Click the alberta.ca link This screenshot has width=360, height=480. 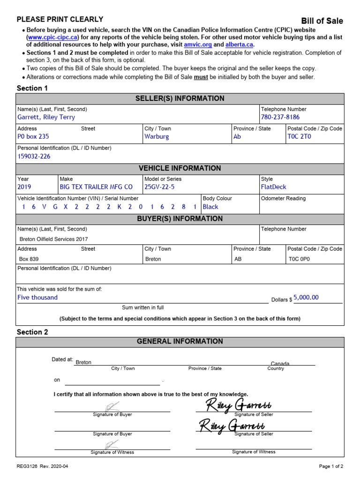click(x=239, y=45)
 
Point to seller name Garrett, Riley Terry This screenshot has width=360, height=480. click(x=46, y=117)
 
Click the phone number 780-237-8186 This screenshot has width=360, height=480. click(x=280, y=117)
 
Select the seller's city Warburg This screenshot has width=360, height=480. click(x=157, y=137)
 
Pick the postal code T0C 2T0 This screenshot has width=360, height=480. click(x=299, y=137)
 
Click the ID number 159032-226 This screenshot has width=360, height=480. click(x=34, y=157)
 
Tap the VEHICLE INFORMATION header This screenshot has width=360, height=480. click(x=180, y=168)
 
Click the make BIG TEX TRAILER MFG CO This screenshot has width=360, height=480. click(x=96, y=187)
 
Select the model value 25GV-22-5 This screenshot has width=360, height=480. click(x=159, y=187)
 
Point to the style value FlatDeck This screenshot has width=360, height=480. click(x=273, y=187)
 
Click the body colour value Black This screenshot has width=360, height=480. click(x=210, y=207)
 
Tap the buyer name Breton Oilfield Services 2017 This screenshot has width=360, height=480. click(x=53, y=239)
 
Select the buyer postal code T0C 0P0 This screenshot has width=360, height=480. click(x=299, y=259)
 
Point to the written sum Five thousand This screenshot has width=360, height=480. click(x=37, y=298)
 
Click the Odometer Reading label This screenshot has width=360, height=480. click(x=283, y=198)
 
